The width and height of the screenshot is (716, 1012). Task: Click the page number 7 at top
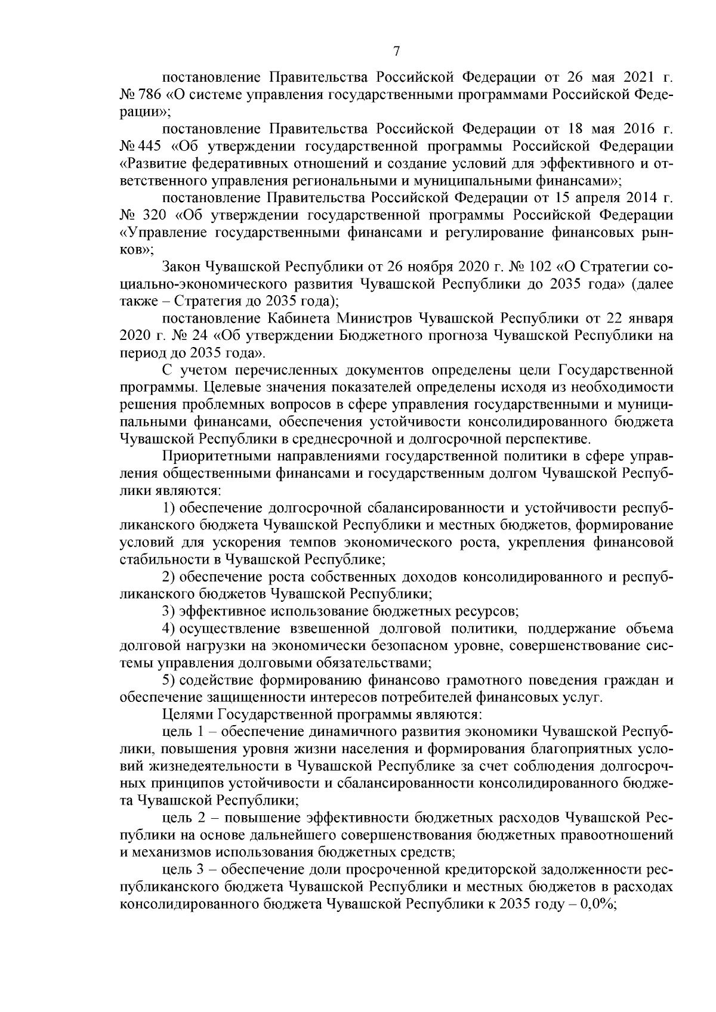397,52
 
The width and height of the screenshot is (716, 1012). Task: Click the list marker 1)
169,509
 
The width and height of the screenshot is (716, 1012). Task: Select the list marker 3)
169,612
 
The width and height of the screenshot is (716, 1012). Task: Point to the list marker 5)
169,680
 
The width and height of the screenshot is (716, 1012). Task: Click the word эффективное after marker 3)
217,612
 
